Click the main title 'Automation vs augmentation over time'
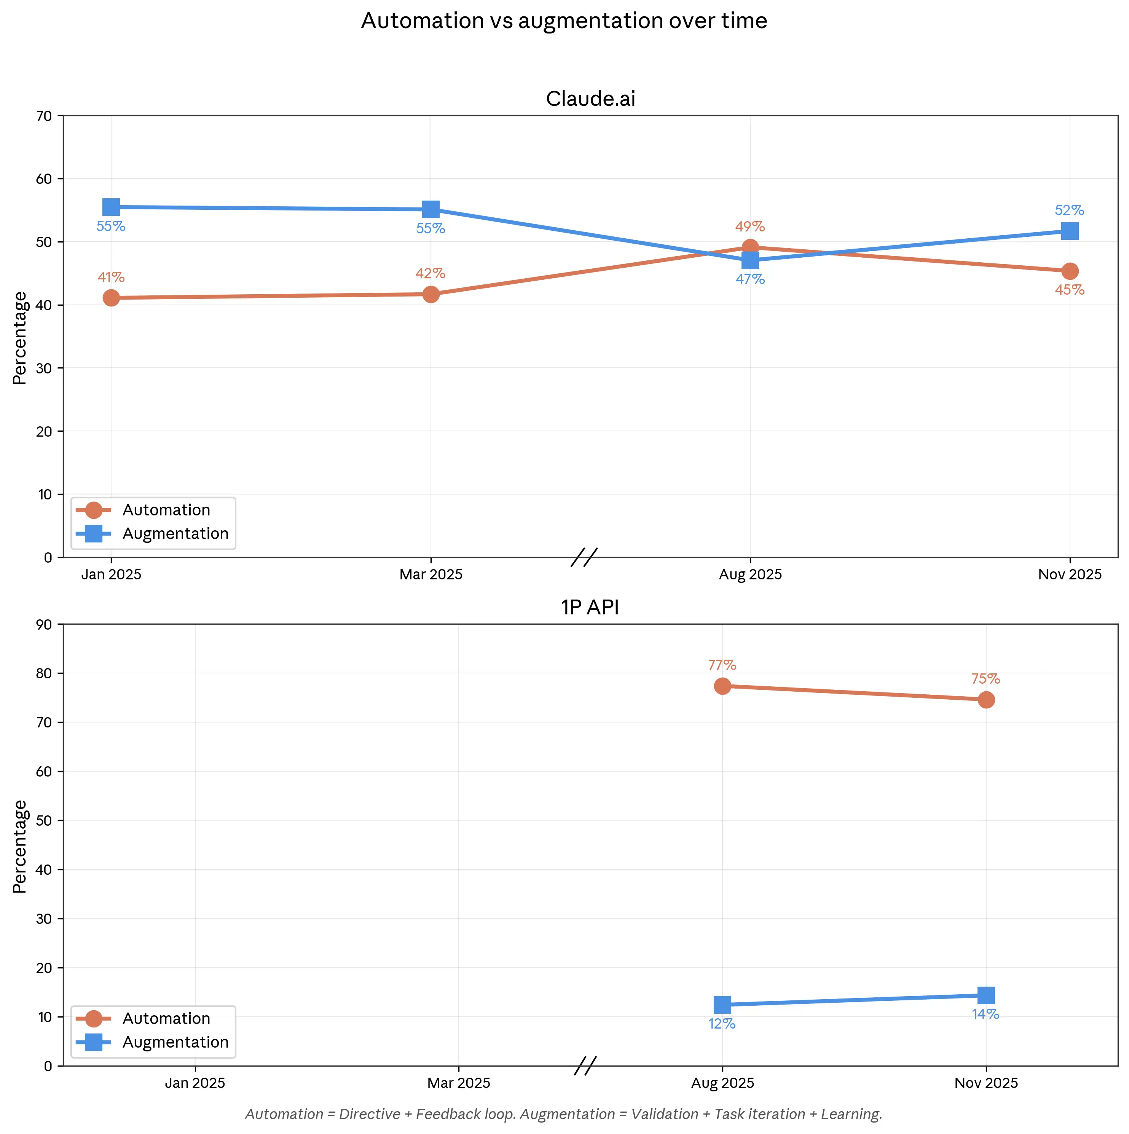[x=563, y=21]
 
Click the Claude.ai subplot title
[x=590, y=99]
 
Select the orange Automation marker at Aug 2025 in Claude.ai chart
[x=750, y=247]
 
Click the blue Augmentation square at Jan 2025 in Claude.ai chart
[x=111, y=207]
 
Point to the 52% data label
[x=1069, y=210]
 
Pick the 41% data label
[x=111, y=277]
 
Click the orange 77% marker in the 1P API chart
[x=722, y=686]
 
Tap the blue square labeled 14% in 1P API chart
[x=986, y=995]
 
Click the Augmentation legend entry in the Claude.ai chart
[x=175, y=534]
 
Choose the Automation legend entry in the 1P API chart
[x=166, y=1018]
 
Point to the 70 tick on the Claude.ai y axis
[x=44, y=116]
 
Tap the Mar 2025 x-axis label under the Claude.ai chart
[x=431, y=575]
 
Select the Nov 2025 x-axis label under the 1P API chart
[x=986, y=1083]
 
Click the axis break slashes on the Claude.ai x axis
[x=584, y=557]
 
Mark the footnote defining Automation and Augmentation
[x=563, y=1114]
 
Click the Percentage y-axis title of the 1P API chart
[x=20, y=846]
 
